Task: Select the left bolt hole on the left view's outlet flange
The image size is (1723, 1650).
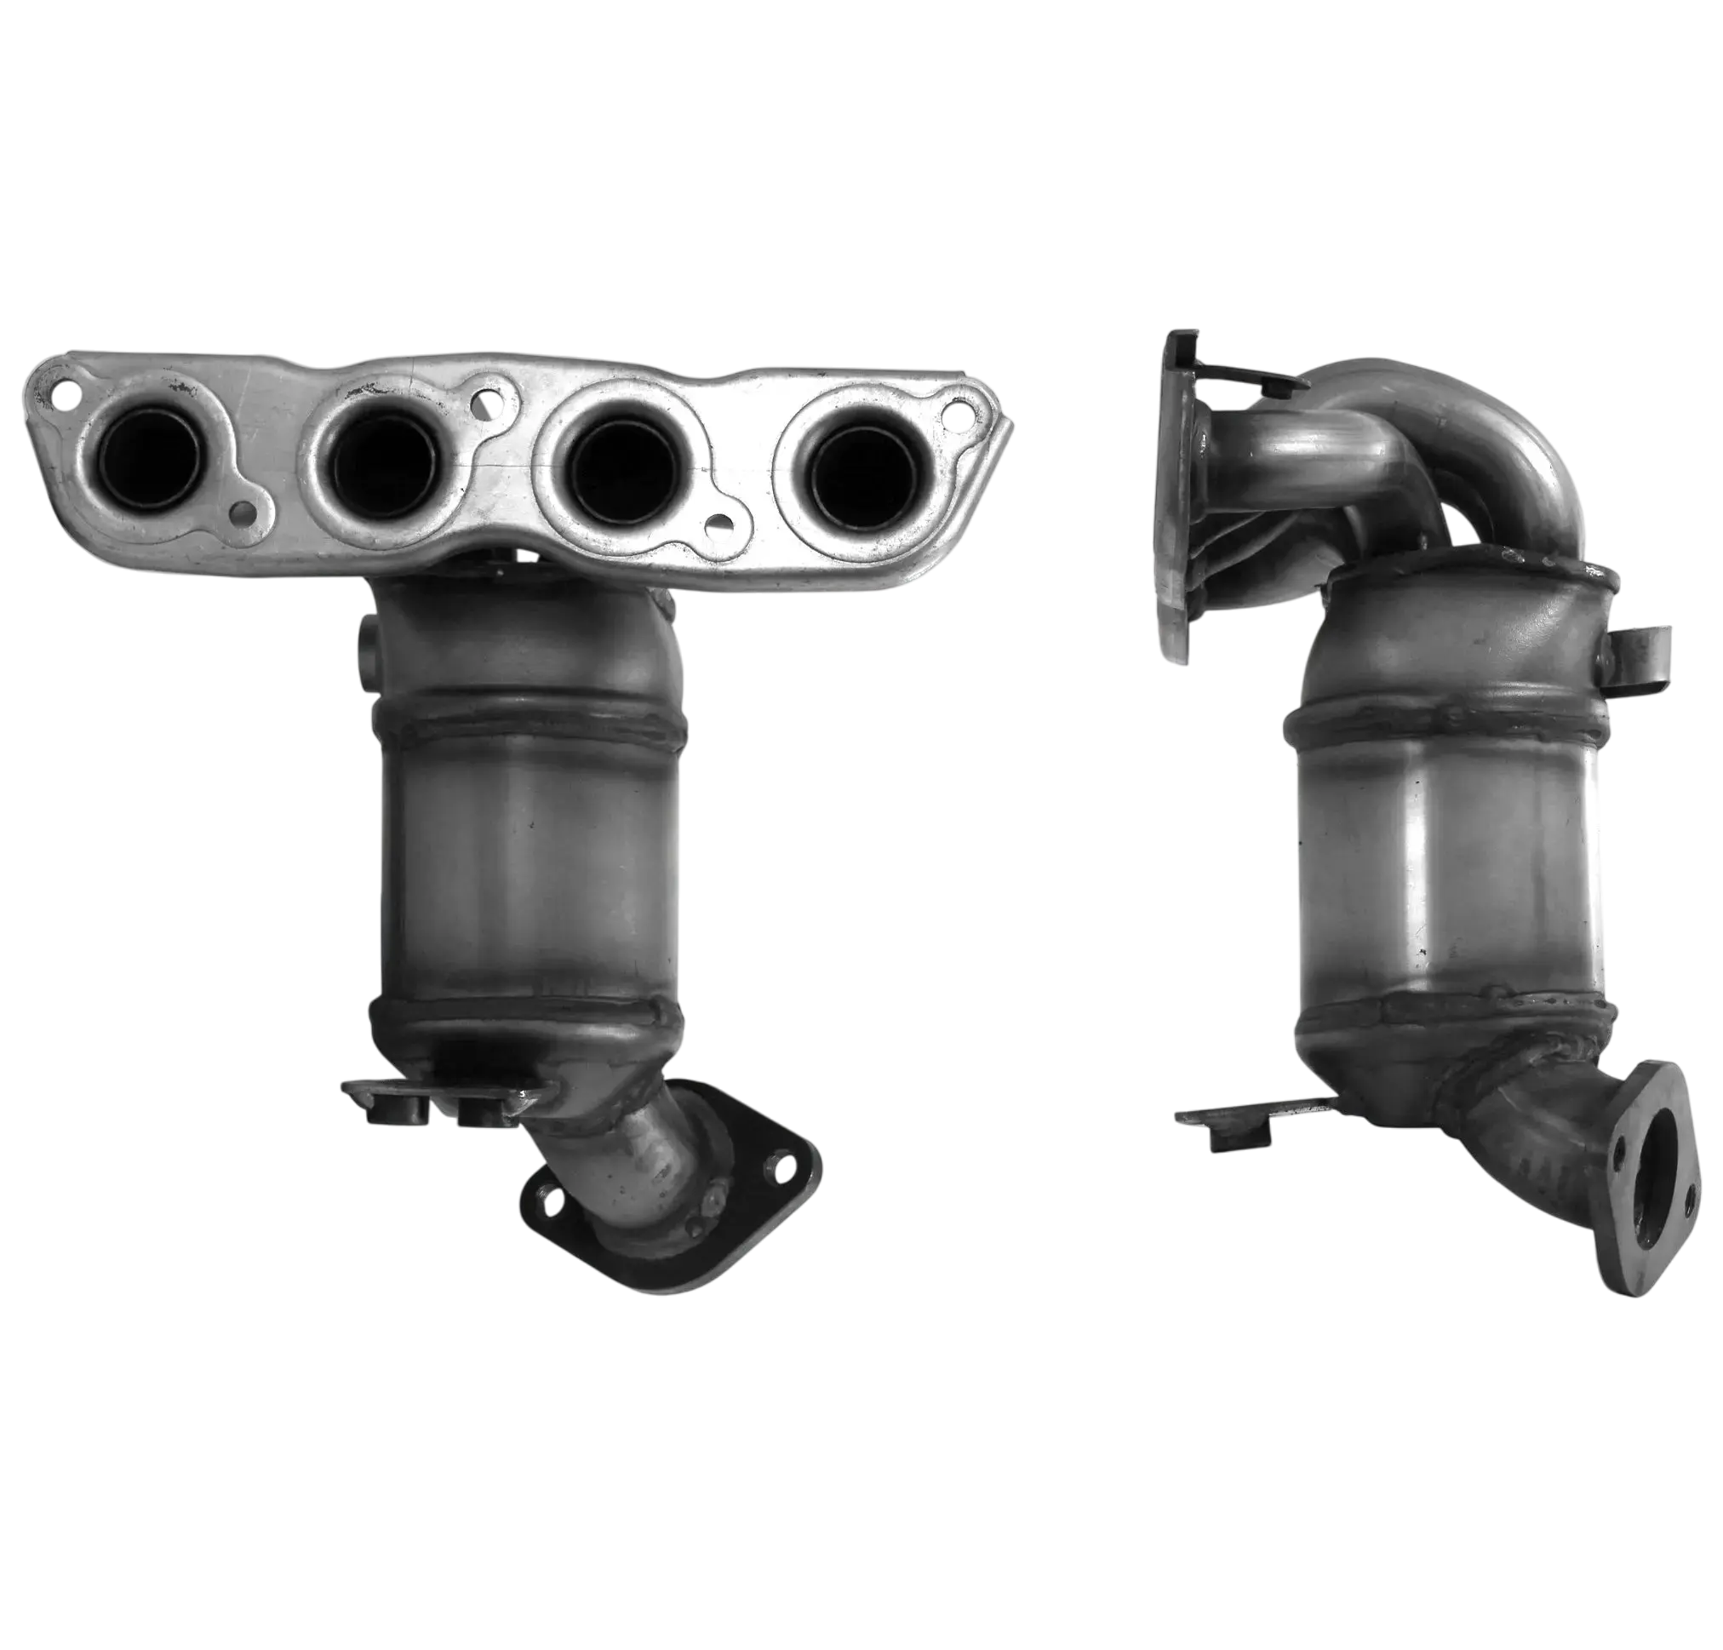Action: click(x=547, y=1196)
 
